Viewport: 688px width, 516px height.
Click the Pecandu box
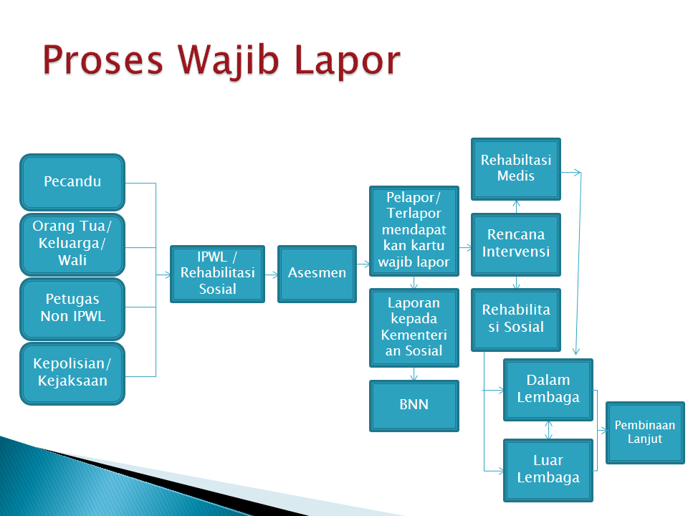72,182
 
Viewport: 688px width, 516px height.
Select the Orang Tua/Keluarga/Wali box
72,244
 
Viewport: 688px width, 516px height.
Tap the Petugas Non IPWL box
72,309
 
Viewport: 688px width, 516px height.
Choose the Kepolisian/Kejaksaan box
72,373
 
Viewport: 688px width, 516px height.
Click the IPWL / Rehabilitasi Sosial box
218,274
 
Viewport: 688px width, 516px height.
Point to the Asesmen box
317,274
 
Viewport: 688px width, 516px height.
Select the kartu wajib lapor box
414,231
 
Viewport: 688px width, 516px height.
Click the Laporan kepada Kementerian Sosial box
414,328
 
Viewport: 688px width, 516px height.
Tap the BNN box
414,406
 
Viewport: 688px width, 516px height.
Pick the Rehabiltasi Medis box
516,169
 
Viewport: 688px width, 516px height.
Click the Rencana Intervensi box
516,244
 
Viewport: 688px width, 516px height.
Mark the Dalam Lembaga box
548,390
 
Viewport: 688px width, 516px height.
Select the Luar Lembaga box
548,470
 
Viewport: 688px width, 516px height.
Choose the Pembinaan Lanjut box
645,433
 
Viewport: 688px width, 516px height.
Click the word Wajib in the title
228,62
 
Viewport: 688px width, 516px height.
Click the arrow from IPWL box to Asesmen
271,275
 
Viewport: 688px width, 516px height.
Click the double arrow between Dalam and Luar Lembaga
548,430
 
